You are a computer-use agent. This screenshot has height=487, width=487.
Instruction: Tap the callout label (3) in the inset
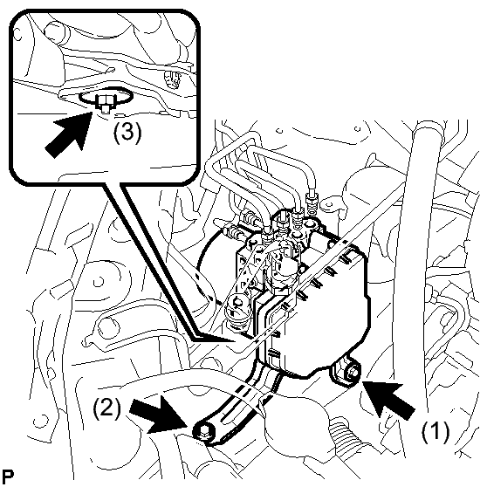127,133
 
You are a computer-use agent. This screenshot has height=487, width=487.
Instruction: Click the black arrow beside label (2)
158,415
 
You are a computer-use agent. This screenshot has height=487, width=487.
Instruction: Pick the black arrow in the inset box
69,134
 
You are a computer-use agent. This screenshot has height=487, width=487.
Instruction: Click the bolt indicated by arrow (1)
353,371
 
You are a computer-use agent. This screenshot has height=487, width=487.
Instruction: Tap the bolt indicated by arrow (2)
203,431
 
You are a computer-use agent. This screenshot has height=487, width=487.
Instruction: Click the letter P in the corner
9,477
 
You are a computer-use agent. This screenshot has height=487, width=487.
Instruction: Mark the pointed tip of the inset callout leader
234,340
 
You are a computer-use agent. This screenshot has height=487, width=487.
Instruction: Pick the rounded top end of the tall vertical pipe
428,128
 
